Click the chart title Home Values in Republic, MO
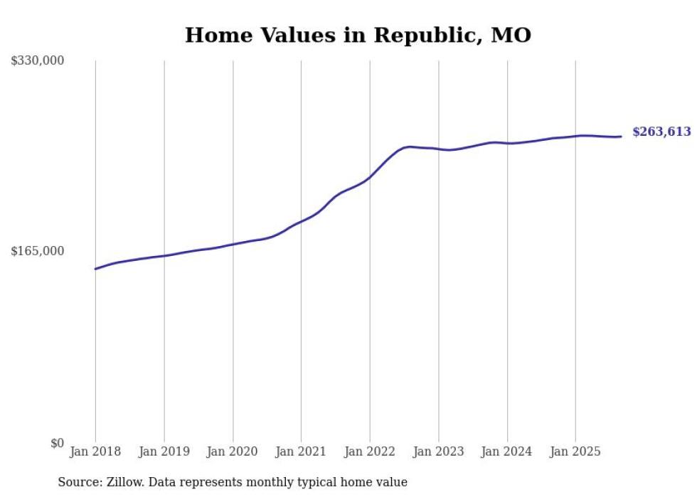click(x=358, y=35)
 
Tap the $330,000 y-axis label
click(x=38, y=61)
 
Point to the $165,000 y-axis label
click(x=38, y=251)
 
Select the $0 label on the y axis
click(x=57, y=443)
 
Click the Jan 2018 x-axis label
click(x=95, y=451)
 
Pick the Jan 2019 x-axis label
click(x=164, y=451)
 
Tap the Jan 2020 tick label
click(x=233, y=451)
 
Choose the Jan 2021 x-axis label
click(x=301, y=451)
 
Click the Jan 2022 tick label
click(x=370, y=451)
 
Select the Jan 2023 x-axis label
click(x=438, y=451)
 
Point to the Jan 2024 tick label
click(x=507, y=451)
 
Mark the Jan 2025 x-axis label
click(x=575, y=451)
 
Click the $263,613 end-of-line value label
click(x=661, y=132)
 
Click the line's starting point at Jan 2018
click(x=95, y=269)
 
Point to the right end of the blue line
click(x=621, y=137)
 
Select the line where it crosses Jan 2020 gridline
click(x=233, y=245)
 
